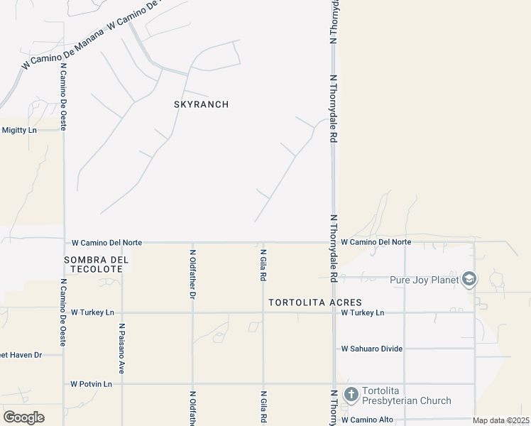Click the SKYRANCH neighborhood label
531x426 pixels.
(201, 104)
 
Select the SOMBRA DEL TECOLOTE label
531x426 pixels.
(97, 265)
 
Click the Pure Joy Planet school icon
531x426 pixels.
(469, 280)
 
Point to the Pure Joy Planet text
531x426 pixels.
(425, 280)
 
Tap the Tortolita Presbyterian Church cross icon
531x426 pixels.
(351, 395)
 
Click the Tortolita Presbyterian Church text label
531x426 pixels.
(406, 395)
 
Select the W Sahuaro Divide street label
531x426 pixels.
(371, 349)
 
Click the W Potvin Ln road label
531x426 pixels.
(91, 384)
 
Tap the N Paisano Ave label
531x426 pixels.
(122, 349)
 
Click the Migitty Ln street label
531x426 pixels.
(18, 130)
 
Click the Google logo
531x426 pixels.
(23, 417)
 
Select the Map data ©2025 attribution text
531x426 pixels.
(500, 420)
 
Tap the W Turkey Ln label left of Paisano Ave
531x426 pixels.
(92, 312)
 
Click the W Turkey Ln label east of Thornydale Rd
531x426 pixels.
(362, 312)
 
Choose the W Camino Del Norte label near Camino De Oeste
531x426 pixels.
(106, 243)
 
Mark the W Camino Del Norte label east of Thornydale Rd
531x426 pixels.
(376, 242)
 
